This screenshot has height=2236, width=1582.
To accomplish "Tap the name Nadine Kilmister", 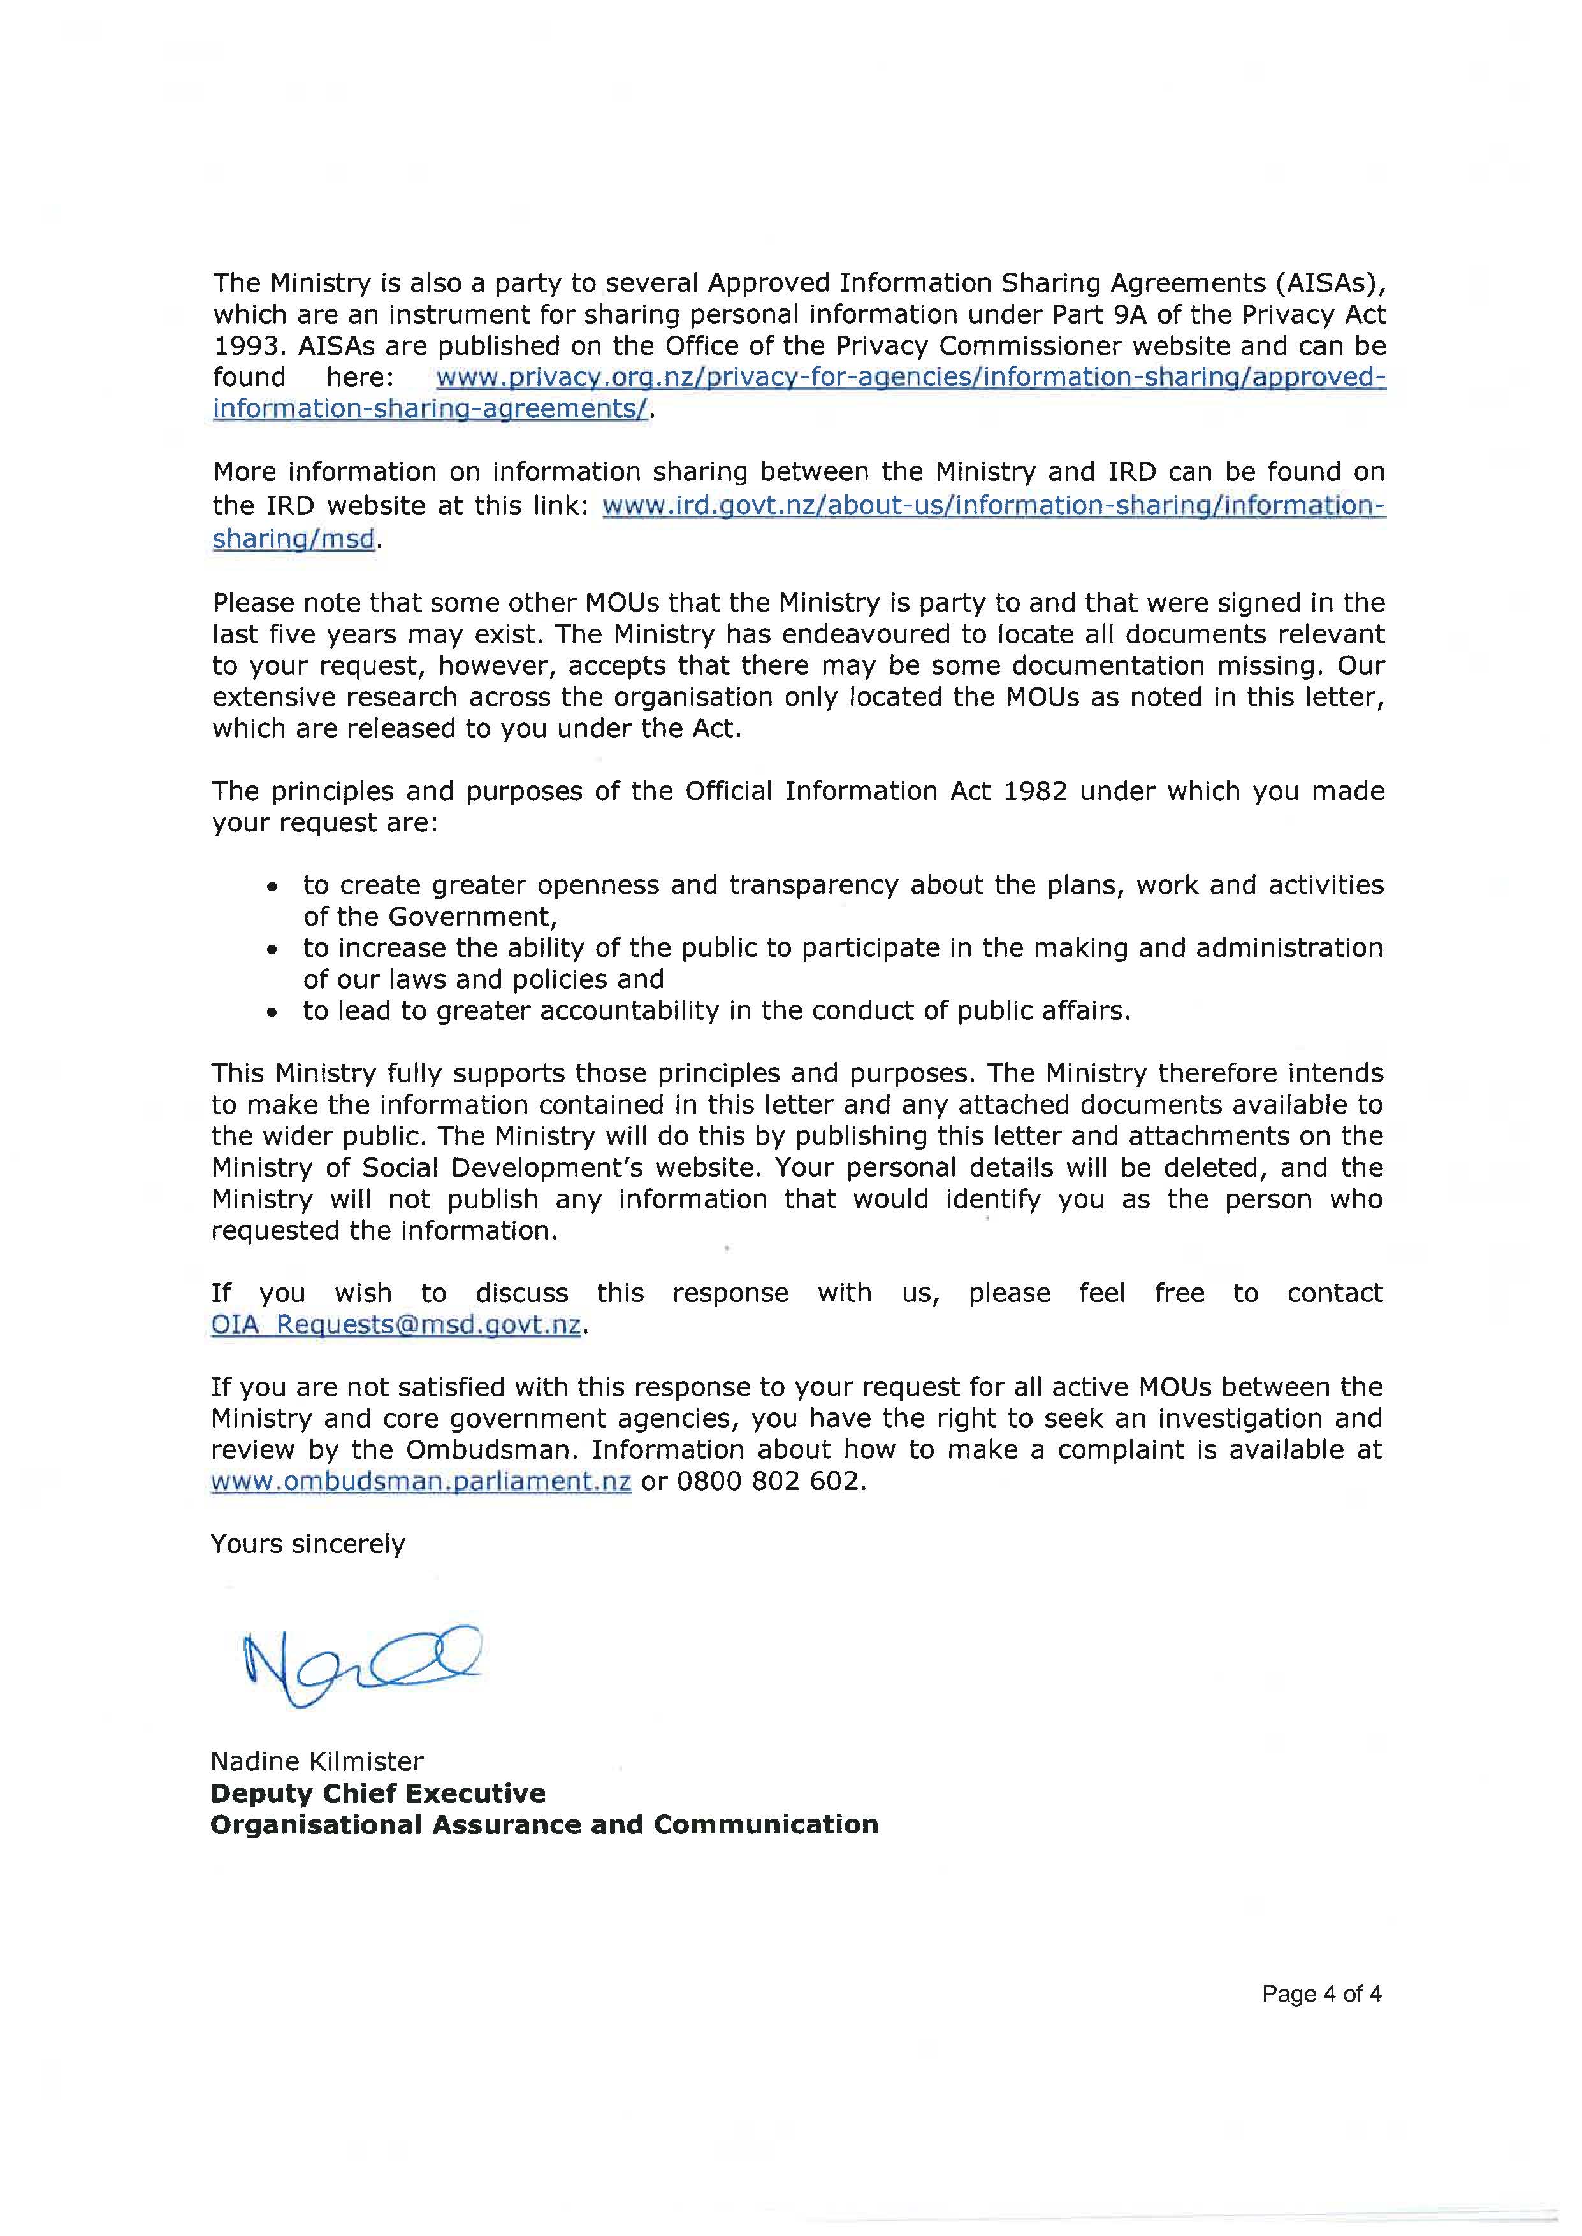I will [317, 1761].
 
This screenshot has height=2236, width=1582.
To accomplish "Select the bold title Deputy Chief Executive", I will [378, 1793].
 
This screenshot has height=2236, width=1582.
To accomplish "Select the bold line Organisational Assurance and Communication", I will [544, 1824].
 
